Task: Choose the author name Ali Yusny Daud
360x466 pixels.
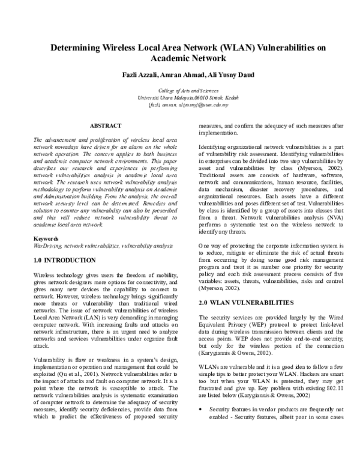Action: pos(229,74)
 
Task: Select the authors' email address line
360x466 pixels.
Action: pos(180,104)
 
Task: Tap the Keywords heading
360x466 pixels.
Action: pos(46,239)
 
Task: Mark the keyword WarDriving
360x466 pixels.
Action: pos(47,246)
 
